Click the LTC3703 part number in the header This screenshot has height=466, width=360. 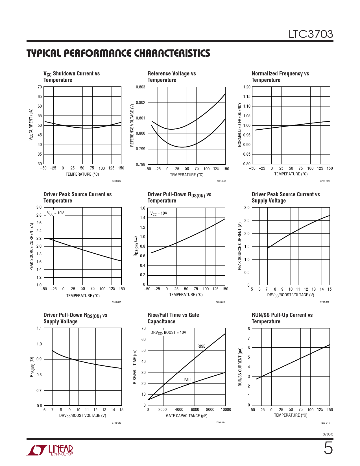click(x=311, y=34)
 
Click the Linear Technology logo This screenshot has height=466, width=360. click(x=50, y=450)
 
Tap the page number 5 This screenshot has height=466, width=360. click(x=328, y=448)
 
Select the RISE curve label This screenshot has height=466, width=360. click(x=201, y=346)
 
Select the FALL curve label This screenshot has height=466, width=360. click(x=188, y=380)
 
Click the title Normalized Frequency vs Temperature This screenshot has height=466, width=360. click(x=280, y=77)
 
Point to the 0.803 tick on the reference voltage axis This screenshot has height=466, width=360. click(x=141, y=87)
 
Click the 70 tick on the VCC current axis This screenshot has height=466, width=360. click(x=40, y=87)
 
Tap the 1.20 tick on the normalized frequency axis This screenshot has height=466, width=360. click(x=246, y=87)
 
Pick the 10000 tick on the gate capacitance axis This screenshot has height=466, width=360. click(x=226, y=410)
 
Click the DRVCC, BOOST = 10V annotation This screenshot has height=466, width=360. click(x=168, y=332)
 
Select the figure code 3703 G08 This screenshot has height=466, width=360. click(x=221, y=181)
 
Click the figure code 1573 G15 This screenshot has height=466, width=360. click(x=325, y=423)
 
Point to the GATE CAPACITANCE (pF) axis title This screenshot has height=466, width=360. click(x=187, y=416)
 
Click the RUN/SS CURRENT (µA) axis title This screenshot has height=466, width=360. click(x=240, y=367)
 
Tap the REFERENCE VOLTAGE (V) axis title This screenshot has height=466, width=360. click(x=132, y=125)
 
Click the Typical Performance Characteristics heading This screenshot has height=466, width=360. click(x=118, y=53)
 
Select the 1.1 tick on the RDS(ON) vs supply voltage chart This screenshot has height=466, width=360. click(x=39, y=328)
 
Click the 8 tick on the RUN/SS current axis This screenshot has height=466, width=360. click(x=249, y=329)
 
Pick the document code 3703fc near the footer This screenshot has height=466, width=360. click(x=328, y=434)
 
